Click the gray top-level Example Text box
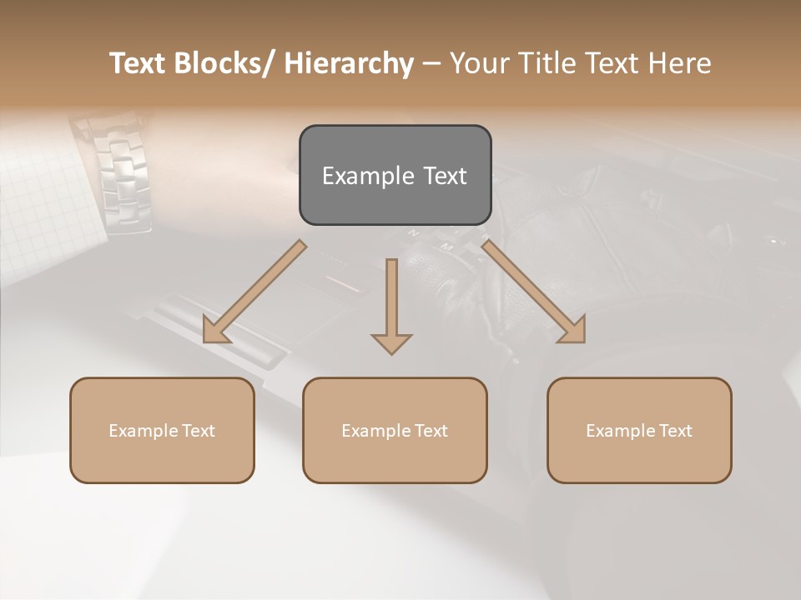395,175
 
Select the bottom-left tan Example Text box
162,430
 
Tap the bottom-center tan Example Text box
395,430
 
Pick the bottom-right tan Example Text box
639,430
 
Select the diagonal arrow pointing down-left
254,292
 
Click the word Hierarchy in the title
349,63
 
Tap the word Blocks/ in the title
226,63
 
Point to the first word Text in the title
139,63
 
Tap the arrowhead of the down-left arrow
215,331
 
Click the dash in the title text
431,63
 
